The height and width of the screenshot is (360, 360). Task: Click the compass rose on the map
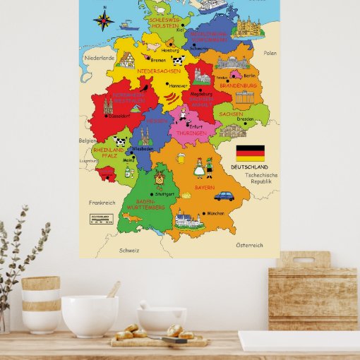click(104, 19)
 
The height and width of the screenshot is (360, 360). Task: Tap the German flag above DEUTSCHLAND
click(250, 153)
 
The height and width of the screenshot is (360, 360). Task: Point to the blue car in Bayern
click(224, 196)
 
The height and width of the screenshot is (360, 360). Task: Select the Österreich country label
click(249, 245)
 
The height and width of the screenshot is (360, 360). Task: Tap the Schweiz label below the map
click(128, 250)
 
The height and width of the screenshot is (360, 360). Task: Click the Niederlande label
click(98, 57)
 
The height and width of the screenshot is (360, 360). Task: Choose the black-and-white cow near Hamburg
click(178, 61)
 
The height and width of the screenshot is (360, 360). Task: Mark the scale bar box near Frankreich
click(100, 219)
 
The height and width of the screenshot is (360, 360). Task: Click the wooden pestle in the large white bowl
click(113, 289)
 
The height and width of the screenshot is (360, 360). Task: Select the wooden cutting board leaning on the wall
click(303, 290)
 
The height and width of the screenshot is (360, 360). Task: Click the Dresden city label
click(246, 119)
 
